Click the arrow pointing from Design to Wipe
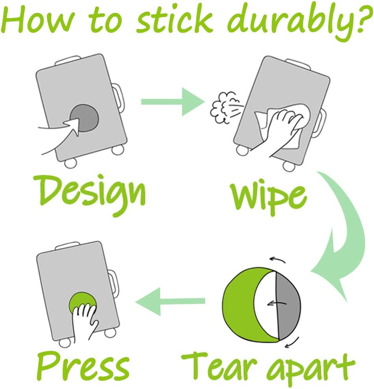pos(173,102)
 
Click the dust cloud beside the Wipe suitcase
pos(224,107)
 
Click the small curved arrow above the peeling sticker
pos(277,260)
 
